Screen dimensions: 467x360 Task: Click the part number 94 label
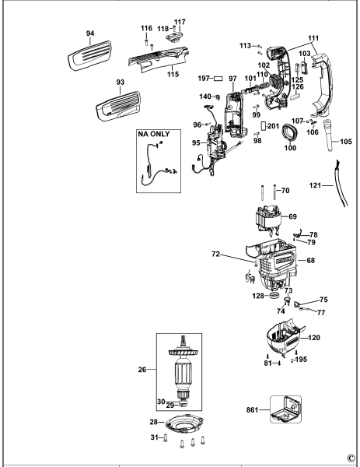coord(90,33)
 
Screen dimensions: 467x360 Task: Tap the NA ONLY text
coord(153,135)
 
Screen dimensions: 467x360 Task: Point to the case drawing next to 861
coord(285,409)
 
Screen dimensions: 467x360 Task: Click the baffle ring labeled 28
coord(184,425)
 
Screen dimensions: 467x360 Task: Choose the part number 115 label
coord(173,74)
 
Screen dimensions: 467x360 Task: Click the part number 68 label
coord(311,261)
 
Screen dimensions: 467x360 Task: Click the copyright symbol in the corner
coord(351,458)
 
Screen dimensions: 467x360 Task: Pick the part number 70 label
coord(285,191)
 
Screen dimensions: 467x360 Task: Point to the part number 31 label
coord(154,436)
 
